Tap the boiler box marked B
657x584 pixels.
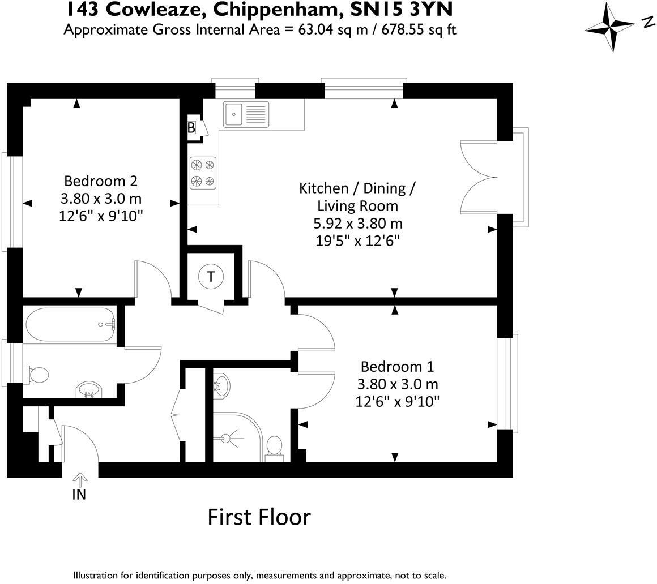pyautogui.click(x=191, y=127)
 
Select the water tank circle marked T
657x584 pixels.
pyautogui.click(x=211, y=277)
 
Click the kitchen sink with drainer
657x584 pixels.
pyautogui.click(x=246, y=114)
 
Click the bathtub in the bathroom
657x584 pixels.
pyautogui.click(x=70, y=325)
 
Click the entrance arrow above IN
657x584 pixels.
pyautogui.click(x=79, y=479)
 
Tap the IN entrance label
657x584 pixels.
pyautogui.click(x=79, y=495)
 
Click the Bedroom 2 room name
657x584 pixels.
pyautogui.click(x=101, y=181)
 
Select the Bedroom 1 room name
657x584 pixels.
pyautogui.click(x=397, y=367)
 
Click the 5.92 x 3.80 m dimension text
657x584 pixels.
pyautogui.click(x=358, y=224)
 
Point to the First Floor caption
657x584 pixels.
pyautogui.click(x=259, y=517)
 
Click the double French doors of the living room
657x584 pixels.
pyautogui.click(x=479, y=178)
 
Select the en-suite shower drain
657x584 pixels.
pyautogui.click(x=225, y=439)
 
